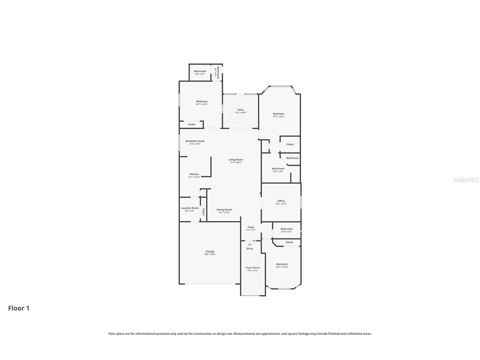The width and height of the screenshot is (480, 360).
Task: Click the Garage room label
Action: (210, 251)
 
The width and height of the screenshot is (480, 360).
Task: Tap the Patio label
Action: (240, 110)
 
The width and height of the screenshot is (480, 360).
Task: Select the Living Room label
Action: (236, 160)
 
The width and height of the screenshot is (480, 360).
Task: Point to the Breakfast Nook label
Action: (195, 141)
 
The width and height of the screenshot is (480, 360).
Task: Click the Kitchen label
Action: (194, 174)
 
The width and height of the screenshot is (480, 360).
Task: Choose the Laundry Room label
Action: (190, 208)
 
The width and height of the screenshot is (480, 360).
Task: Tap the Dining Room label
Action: (224, 210)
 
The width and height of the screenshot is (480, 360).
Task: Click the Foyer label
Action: (251, 227)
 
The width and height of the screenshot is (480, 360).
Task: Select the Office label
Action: (281, 201)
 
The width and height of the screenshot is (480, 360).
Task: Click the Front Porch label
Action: (253, 267)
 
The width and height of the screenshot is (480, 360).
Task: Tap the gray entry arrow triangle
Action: (249, 244)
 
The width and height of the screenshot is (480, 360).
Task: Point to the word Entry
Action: (250, 248)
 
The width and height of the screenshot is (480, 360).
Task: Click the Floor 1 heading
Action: (19, 308)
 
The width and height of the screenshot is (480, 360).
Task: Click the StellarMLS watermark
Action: (466, 180)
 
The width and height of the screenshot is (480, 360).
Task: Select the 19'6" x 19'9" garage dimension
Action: (210, 254)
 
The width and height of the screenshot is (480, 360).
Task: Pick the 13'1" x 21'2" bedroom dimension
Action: (279, 116)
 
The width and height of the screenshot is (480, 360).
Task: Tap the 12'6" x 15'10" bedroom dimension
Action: (282, 267)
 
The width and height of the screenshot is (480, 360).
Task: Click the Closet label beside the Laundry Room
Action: (203, 212)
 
